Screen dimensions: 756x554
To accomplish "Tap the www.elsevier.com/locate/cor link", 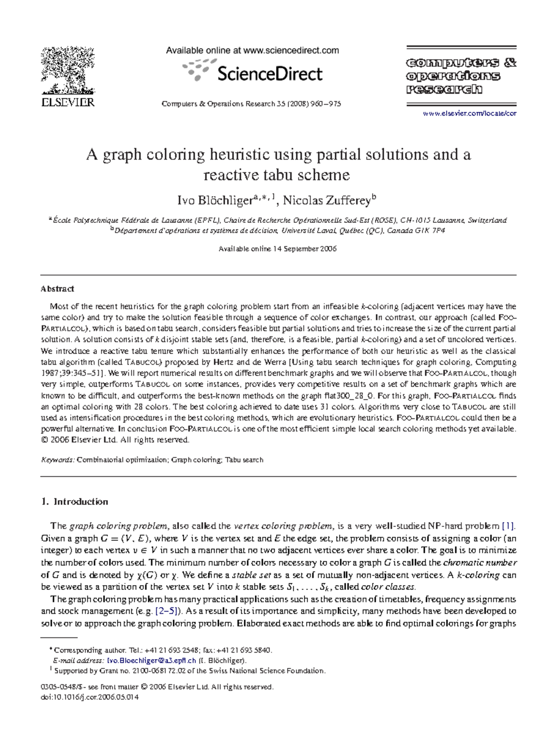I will click(470, 114).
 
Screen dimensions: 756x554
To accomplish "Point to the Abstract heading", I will click(57, 289).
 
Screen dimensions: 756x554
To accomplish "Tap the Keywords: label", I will click(58, 460).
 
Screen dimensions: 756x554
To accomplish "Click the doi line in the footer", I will click(90, 697).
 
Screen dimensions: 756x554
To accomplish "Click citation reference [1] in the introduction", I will click(508, 526).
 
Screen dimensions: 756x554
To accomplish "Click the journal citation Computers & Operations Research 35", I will click(251, 104).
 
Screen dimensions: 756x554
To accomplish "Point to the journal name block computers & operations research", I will click(461, 76).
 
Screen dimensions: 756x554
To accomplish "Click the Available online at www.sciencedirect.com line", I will click(252, 51).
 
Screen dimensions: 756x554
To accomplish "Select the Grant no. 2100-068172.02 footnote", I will click(189, 671).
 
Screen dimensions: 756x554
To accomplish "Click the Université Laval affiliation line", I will click(277, 231).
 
